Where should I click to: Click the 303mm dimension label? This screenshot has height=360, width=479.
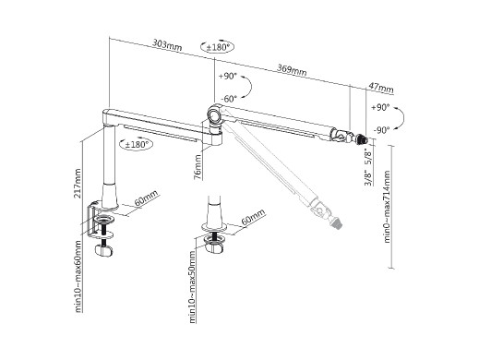pos(167,45)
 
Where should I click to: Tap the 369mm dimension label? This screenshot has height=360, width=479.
pos(292,70)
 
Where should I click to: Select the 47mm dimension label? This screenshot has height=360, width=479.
pos(381,88)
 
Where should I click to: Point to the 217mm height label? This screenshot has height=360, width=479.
pos(78,183)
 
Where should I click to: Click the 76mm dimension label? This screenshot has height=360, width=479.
pos(198,166)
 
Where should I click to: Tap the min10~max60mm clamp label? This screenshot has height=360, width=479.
pos(78,277)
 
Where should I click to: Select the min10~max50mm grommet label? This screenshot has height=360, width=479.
pos(192,287)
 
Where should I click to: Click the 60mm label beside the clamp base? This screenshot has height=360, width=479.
pos(147,198)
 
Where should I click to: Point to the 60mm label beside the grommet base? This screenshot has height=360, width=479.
pos(254,217)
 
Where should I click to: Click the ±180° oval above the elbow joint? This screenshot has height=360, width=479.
pos(218,47)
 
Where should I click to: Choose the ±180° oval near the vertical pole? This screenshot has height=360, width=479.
pos(136,144)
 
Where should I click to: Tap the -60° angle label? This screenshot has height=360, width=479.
pos(229,99)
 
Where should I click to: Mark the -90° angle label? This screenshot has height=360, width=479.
pos(382,130)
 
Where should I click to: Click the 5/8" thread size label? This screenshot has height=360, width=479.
pos(368,157)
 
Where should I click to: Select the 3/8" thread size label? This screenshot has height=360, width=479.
pos(368,178)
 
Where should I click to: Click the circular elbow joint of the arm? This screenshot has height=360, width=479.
pos(214,115)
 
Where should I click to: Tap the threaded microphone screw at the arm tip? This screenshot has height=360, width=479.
pos(362,138)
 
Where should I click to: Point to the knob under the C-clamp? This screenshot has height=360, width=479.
pos(103,250)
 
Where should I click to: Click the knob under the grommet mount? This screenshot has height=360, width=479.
pos(214,247)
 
